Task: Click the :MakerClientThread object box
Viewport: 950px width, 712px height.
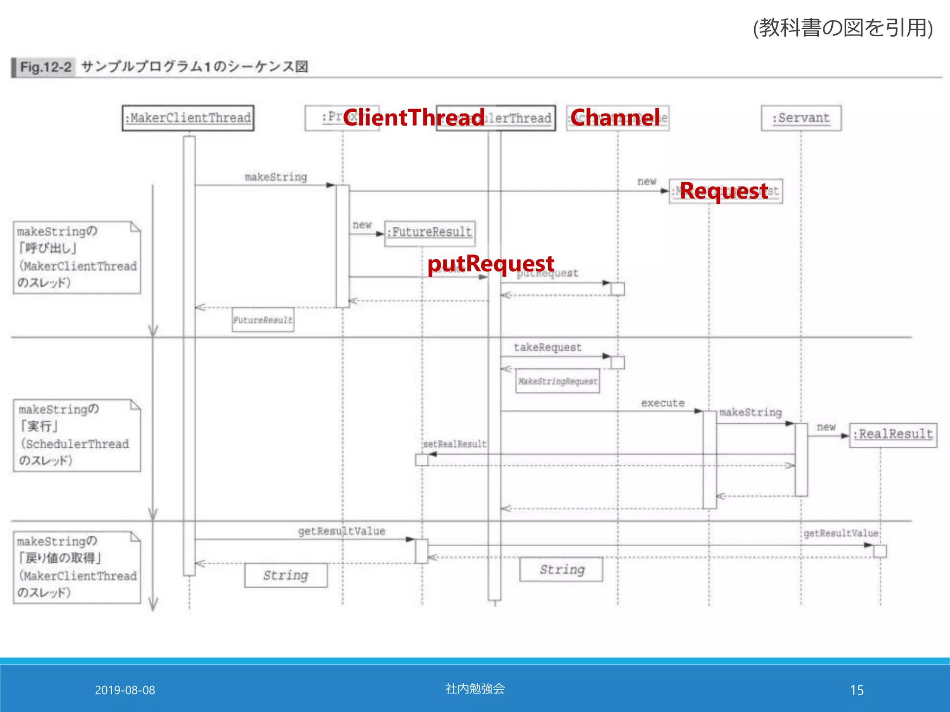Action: [x=188, y=118]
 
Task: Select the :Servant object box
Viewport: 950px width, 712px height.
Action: [x=801, y=118]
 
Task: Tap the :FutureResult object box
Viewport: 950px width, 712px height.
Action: [x=430, y=232]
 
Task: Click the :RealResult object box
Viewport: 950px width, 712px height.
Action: [x=893, y=435]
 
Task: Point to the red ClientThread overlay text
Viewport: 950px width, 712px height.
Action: [x=414, y=117]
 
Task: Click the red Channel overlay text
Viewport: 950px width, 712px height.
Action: [x=615, y=117]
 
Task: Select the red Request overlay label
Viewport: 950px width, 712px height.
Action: [x=724, y=191]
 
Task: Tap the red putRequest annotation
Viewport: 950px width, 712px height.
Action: [x=490, y=264]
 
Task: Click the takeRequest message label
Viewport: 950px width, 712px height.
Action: [x=547, y=348]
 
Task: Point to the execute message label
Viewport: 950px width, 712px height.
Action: [x=662, y=403]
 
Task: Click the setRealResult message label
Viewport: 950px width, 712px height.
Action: [x=455, y=444]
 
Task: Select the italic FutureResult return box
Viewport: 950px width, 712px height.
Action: [x=263, y=320]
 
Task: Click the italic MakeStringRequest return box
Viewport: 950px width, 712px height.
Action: [x=558, y=381]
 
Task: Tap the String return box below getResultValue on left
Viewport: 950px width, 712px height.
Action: [x=286, y=575]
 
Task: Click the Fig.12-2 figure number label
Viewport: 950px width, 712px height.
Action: [x=45, y=68]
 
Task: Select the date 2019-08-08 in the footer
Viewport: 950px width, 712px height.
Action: [x=125, y=690]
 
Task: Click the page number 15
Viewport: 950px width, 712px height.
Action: [x=856, y=690]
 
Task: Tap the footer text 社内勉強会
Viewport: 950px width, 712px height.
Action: [x=475, y=688]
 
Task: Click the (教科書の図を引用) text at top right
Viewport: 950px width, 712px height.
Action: [x=842, y=28]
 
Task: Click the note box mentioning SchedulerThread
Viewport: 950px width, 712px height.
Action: [x=77, y=435]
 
